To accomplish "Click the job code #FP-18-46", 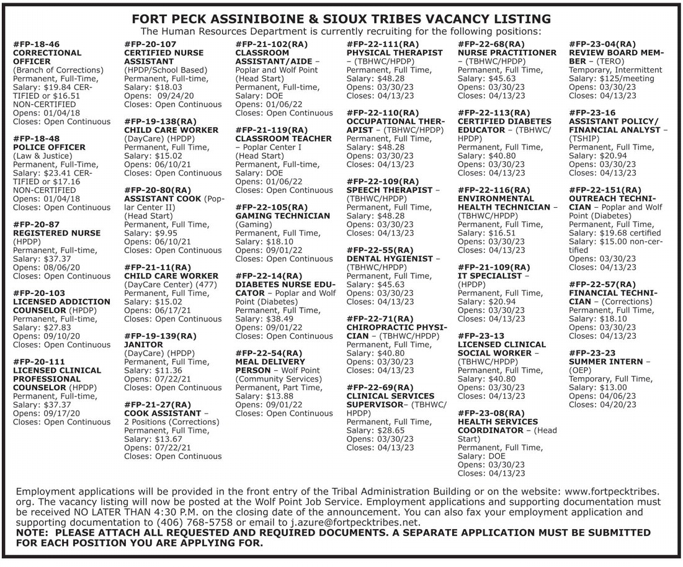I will [37, 45].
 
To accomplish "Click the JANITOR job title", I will [143, 344].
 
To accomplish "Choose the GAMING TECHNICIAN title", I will [283, 216].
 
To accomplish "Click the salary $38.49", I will [280, 319].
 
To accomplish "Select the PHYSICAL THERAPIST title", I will [395, 53].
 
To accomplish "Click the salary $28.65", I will [391, 430].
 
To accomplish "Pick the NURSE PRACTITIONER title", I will [507, 53].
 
